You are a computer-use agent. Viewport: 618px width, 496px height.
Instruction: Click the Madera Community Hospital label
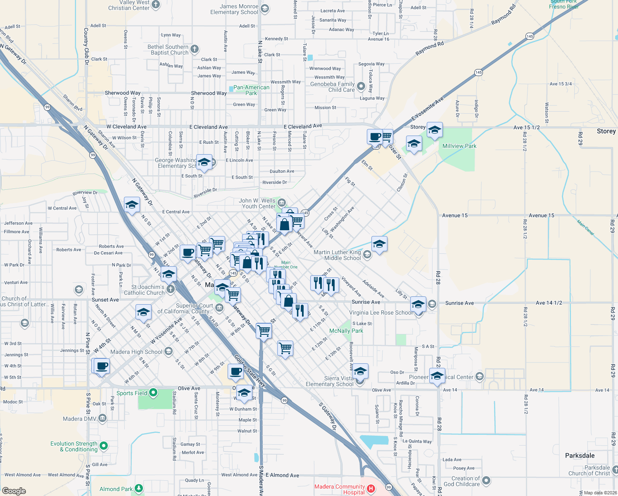click(x=340, y=489)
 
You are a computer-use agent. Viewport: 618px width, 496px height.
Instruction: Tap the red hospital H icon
click(x=371, y=489)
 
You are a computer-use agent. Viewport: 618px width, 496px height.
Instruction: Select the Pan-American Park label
click(x=251, y=90)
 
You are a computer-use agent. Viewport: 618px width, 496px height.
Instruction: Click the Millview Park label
click(x=459, y=146)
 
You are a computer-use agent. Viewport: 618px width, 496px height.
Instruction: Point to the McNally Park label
click(x=346, y=331)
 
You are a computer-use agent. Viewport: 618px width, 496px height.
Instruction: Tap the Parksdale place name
click(x=580, y=455)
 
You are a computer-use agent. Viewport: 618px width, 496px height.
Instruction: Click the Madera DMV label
click(x=79, y=419)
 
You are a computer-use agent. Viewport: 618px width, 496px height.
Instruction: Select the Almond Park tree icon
click(x=139, y=489)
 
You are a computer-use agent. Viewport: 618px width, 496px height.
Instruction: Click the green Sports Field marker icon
click(x=153, y=392)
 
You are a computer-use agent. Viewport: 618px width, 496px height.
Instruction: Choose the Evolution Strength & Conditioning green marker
click(x=104, y=446)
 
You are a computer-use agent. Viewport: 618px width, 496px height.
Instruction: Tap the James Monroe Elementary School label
click(x=234, y=10)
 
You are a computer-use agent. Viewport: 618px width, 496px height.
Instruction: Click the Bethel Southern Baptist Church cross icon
click(x=195, y=49)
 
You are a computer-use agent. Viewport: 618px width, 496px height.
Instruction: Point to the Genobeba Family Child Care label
click(x=333, y=87)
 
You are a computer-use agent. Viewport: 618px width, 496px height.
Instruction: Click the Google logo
click(x=14, y=491)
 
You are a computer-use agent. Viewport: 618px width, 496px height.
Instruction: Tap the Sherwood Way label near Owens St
click(x=123, y=93)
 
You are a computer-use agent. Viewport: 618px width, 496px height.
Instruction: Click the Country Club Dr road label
click(x=86, y=46)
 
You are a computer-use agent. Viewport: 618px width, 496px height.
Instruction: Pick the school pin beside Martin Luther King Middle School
click(x=379, y=245)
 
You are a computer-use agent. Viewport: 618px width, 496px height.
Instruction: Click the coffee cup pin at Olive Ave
click(x=235, y=372)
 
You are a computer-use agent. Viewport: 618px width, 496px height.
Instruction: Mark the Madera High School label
click(x=136, y=352)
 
